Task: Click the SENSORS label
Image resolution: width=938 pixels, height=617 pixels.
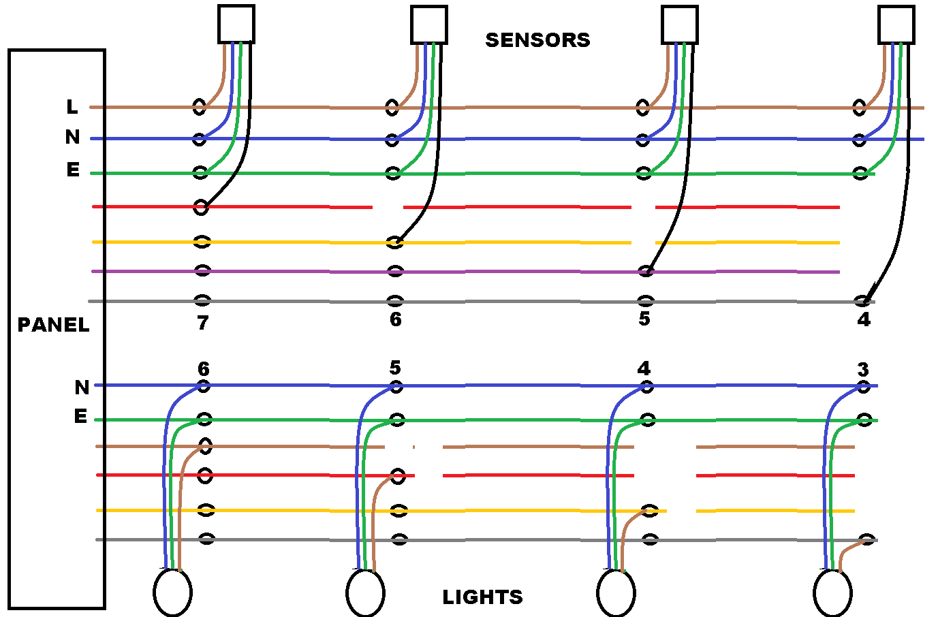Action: click(537, 40)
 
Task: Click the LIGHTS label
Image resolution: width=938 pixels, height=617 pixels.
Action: click(482, 597)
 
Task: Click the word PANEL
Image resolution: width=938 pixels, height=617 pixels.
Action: click(53, 325)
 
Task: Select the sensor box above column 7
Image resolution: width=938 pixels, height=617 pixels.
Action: click(236, 25)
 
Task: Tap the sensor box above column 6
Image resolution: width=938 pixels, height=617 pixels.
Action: click(429, 25)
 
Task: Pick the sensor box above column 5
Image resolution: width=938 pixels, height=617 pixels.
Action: click(680, 25)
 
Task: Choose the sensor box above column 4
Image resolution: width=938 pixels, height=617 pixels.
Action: click(896, 25)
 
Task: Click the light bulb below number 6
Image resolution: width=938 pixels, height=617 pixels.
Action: click(172, 592)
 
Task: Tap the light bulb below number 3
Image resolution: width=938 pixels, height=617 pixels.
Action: click(832, 592)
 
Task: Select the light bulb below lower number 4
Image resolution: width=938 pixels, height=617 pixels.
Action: click(616, 592)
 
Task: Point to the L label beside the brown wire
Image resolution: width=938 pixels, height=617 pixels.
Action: click(72, 107)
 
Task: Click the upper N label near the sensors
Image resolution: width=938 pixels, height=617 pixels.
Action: click(73, 138)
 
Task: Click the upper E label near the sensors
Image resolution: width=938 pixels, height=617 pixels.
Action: click(73, 170)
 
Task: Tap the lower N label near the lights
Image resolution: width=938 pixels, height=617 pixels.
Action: click(82, 387)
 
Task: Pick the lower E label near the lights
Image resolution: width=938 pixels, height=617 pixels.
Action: click(81, 416)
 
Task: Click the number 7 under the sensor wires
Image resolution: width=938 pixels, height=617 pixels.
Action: click(203, 323)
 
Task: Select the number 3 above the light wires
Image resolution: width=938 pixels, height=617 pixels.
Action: click(863, 370)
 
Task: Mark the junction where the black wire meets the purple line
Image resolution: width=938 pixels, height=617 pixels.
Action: click(646, 272)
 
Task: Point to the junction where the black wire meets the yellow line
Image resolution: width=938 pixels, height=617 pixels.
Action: click(394, 242)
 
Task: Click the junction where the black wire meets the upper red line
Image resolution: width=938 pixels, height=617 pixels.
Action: click(201, 207)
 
